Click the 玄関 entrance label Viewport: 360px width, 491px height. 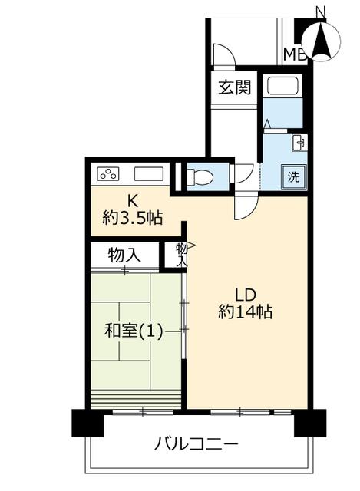tap(235, 87)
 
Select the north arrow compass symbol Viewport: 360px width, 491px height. tap(321, 40)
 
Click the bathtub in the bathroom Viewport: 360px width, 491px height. tap(282, 86)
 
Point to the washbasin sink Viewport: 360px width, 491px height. tap(300, 143)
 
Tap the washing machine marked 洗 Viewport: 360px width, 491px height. tap(294, 177)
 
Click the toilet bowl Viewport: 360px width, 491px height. tap(200, 177)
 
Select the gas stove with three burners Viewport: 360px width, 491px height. tap(109, 174)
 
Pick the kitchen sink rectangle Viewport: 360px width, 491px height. tap(149, 174)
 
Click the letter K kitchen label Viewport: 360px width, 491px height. tap(132, 201)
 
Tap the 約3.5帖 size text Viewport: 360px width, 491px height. tap(132, 218)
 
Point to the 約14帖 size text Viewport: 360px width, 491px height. tap(246, 312)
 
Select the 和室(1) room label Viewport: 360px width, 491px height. tap(134, 331)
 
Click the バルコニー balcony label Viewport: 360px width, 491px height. tap(197, 444)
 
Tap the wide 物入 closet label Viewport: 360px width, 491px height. tap(124, 255)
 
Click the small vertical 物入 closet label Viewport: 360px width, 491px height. tap(181, 255)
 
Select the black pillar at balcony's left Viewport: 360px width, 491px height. tap(88, 423)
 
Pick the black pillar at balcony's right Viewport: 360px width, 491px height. tap(310, 423)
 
